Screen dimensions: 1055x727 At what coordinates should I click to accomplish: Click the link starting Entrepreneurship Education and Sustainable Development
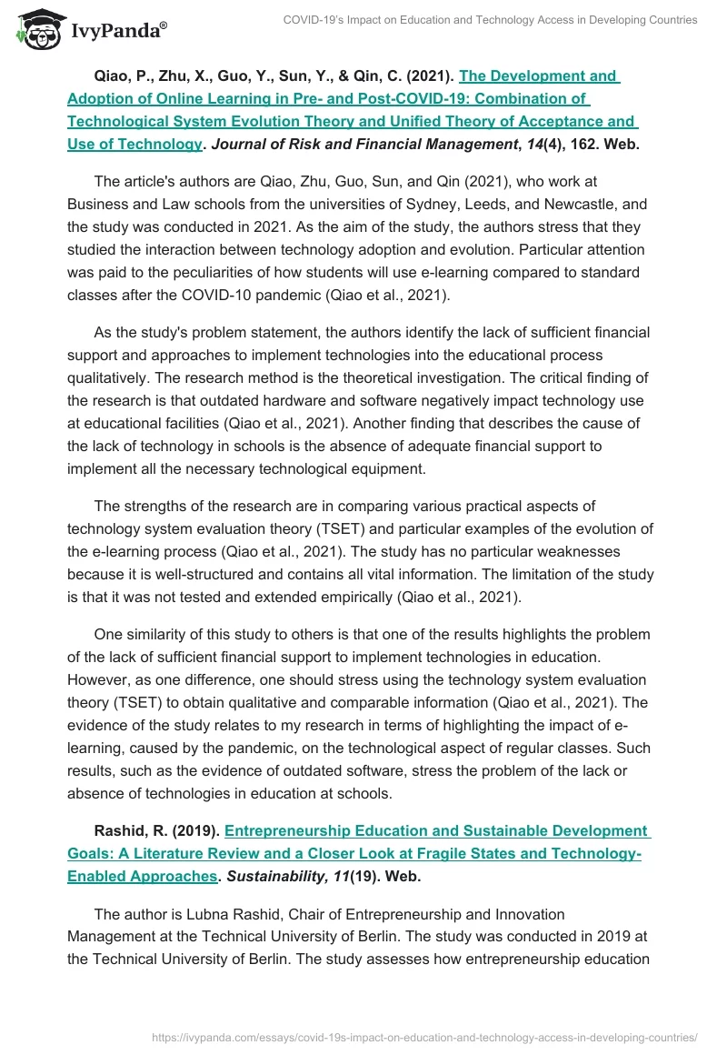coord(436,831)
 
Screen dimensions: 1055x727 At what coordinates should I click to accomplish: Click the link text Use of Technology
coord(134,144)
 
